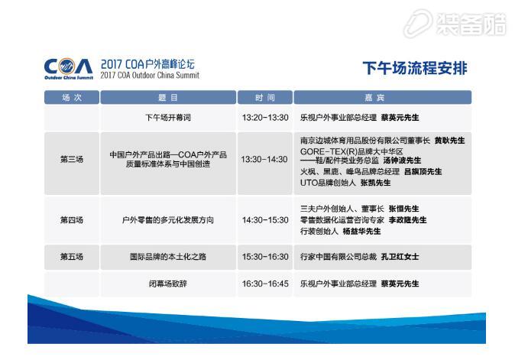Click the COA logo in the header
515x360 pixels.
coord(69,68)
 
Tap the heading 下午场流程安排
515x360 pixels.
coord(415,68)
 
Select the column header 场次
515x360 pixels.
coord(72,98)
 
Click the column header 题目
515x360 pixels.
coord(168,98)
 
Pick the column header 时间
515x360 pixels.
coord(265,98)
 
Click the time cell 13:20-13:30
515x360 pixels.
coord(265,118)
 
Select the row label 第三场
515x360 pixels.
coord(72,160)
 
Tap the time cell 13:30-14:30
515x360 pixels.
coord(264,160)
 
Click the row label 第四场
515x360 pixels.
coord(72,220)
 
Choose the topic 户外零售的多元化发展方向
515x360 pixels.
coord(168,220)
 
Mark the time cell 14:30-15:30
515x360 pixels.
coord(265,220)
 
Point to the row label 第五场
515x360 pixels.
coord(72,257)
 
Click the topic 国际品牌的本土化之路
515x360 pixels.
coord(168,257)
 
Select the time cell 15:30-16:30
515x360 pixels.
coord(265,257)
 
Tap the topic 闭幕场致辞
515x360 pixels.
coord(168,284)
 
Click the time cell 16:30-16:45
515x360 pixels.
coord(265,284)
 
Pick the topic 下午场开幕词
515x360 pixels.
coord(168,118)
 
